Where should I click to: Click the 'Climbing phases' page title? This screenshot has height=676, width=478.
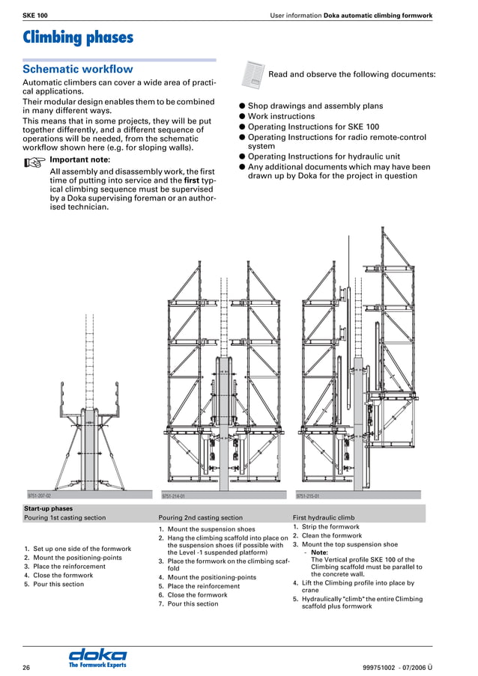[x=78, y=37]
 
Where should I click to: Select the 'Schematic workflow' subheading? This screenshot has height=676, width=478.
[x=78, y=69]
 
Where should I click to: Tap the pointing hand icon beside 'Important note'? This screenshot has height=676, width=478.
[x=34, y=161]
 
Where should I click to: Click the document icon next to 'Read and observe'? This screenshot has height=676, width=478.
[x=252, y=73]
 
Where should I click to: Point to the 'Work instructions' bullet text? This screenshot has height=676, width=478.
[x=281, y=117]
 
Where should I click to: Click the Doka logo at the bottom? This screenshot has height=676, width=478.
[x=97, y=657]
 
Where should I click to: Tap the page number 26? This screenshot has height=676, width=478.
[x=26, y=667]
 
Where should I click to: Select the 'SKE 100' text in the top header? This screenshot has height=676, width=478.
[x=35, y=15]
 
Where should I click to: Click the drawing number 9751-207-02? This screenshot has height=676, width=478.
[x=39, y=496]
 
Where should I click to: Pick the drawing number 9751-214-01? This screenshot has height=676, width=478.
[x=173, y=496]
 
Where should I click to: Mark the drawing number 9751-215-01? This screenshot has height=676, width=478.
[x=307, y=496]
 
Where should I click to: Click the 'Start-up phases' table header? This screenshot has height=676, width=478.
[x=48, y=509]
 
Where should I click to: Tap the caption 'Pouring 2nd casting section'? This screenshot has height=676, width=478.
[x=201, y=517]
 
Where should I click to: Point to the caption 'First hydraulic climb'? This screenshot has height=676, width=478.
[x=324, y=517]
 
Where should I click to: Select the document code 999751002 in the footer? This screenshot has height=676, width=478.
[x=384, y=667]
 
